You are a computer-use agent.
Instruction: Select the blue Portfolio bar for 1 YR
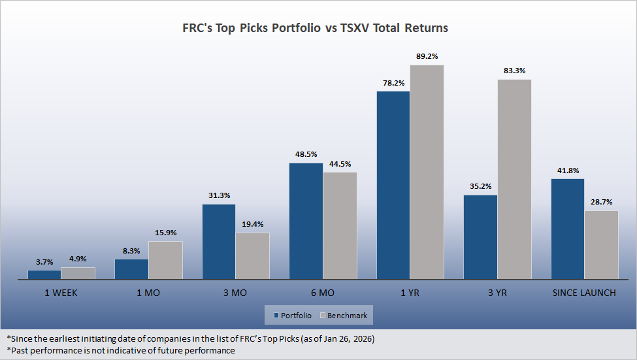tap(393, 185)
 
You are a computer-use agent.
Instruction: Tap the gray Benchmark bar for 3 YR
tap(514, 179)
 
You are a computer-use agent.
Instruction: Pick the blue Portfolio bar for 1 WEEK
tap(44, 274)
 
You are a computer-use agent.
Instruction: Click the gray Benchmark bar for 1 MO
tap(165, 260)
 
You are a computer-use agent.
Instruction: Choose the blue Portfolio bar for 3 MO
tap(219, 242)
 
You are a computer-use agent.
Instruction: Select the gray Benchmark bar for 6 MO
tap(340, 225)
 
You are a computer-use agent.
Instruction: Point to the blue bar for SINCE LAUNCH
tap(568, 229)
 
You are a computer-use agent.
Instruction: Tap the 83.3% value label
tap(514, 71)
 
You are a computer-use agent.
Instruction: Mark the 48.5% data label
tap(306, 154)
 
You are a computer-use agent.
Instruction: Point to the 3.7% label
tap(44, 261)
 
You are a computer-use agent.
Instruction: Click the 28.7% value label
tap(602, 202)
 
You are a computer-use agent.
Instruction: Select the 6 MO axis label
tap(323, 293)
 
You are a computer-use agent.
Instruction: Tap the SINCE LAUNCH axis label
tap(584, 293)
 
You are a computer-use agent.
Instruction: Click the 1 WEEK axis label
tap(61, 293)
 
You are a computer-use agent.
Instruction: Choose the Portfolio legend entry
tap(293, 316)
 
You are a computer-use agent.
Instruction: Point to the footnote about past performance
tap(120, 350)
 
